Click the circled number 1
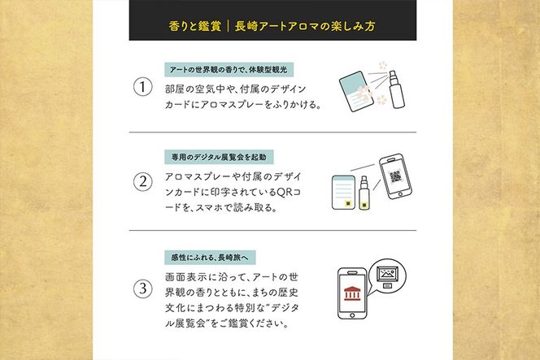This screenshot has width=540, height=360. pos(143,87)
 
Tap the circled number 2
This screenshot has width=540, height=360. pos(143,182)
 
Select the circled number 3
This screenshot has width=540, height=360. pos(143,288)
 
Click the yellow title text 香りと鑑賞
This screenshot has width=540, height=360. pos(194,26)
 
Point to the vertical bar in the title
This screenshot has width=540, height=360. pos(228,26)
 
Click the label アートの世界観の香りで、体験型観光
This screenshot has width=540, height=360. pos(229,70)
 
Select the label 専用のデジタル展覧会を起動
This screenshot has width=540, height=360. pos(219,158)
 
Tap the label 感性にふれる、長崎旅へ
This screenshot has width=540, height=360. pos(210,258)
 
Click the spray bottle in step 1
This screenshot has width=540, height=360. pos(396,90)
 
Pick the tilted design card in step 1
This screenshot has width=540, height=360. pos(356,91)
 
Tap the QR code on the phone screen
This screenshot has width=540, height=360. pos(396,176)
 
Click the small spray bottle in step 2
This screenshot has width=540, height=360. pos(364,193)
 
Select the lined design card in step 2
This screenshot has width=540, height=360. pos(343,193)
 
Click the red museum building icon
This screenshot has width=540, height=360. pos(352,293)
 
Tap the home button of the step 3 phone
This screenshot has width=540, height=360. pos(352,315)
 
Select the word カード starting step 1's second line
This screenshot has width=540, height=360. pos(177,105)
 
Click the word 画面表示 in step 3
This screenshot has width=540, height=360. pos(185,277)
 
